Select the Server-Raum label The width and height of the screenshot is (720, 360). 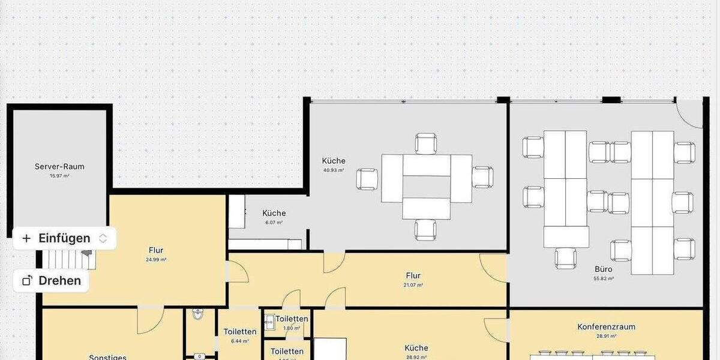pyautogui.click(x=59, y=166)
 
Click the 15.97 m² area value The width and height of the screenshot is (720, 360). pyautogui.click(x=59, y=176)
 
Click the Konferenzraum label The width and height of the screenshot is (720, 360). pyautogui.click(x=606, y=327)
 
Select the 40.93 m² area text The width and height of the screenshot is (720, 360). pyautogui.click(x=334, y=170)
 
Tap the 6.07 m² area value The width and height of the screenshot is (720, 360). pyautogui.click(x=274, y=223)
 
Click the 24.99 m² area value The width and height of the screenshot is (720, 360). pyautogui.click(x=156, y=260)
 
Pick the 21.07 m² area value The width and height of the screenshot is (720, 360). pyautogui.click(x=413, y=285)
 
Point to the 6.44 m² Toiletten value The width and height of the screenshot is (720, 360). pyautogui.click(x=240, y=341)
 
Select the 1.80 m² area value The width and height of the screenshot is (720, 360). pyautogui.click(x=292, y=328)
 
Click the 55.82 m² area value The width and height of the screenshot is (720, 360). pyautogui.click(x=604, y=279)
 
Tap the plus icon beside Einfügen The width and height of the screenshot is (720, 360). pyautogui.click(x=26, y=238)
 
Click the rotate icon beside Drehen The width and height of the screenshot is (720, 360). pyautogui.click(x=27, y=280)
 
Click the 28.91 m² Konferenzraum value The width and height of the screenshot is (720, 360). pyautogui.click(x=606, y=337)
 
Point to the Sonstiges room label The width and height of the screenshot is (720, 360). pyautogui.click(x=107, y=357)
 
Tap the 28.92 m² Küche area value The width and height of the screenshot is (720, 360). pyautogui.click(x=416, y=357)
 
